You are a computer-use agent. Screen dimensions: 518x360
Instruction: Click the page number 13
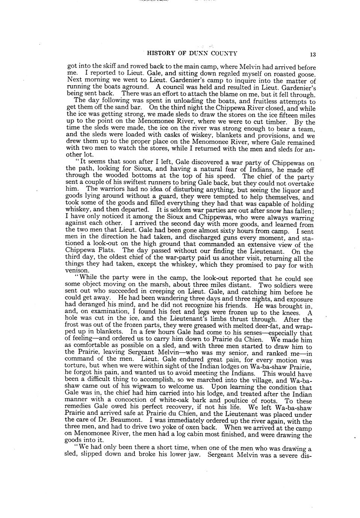click(x=313, y=54)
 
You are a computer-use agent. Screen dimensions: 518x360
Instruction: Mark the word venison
click(x=77, y=271)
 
